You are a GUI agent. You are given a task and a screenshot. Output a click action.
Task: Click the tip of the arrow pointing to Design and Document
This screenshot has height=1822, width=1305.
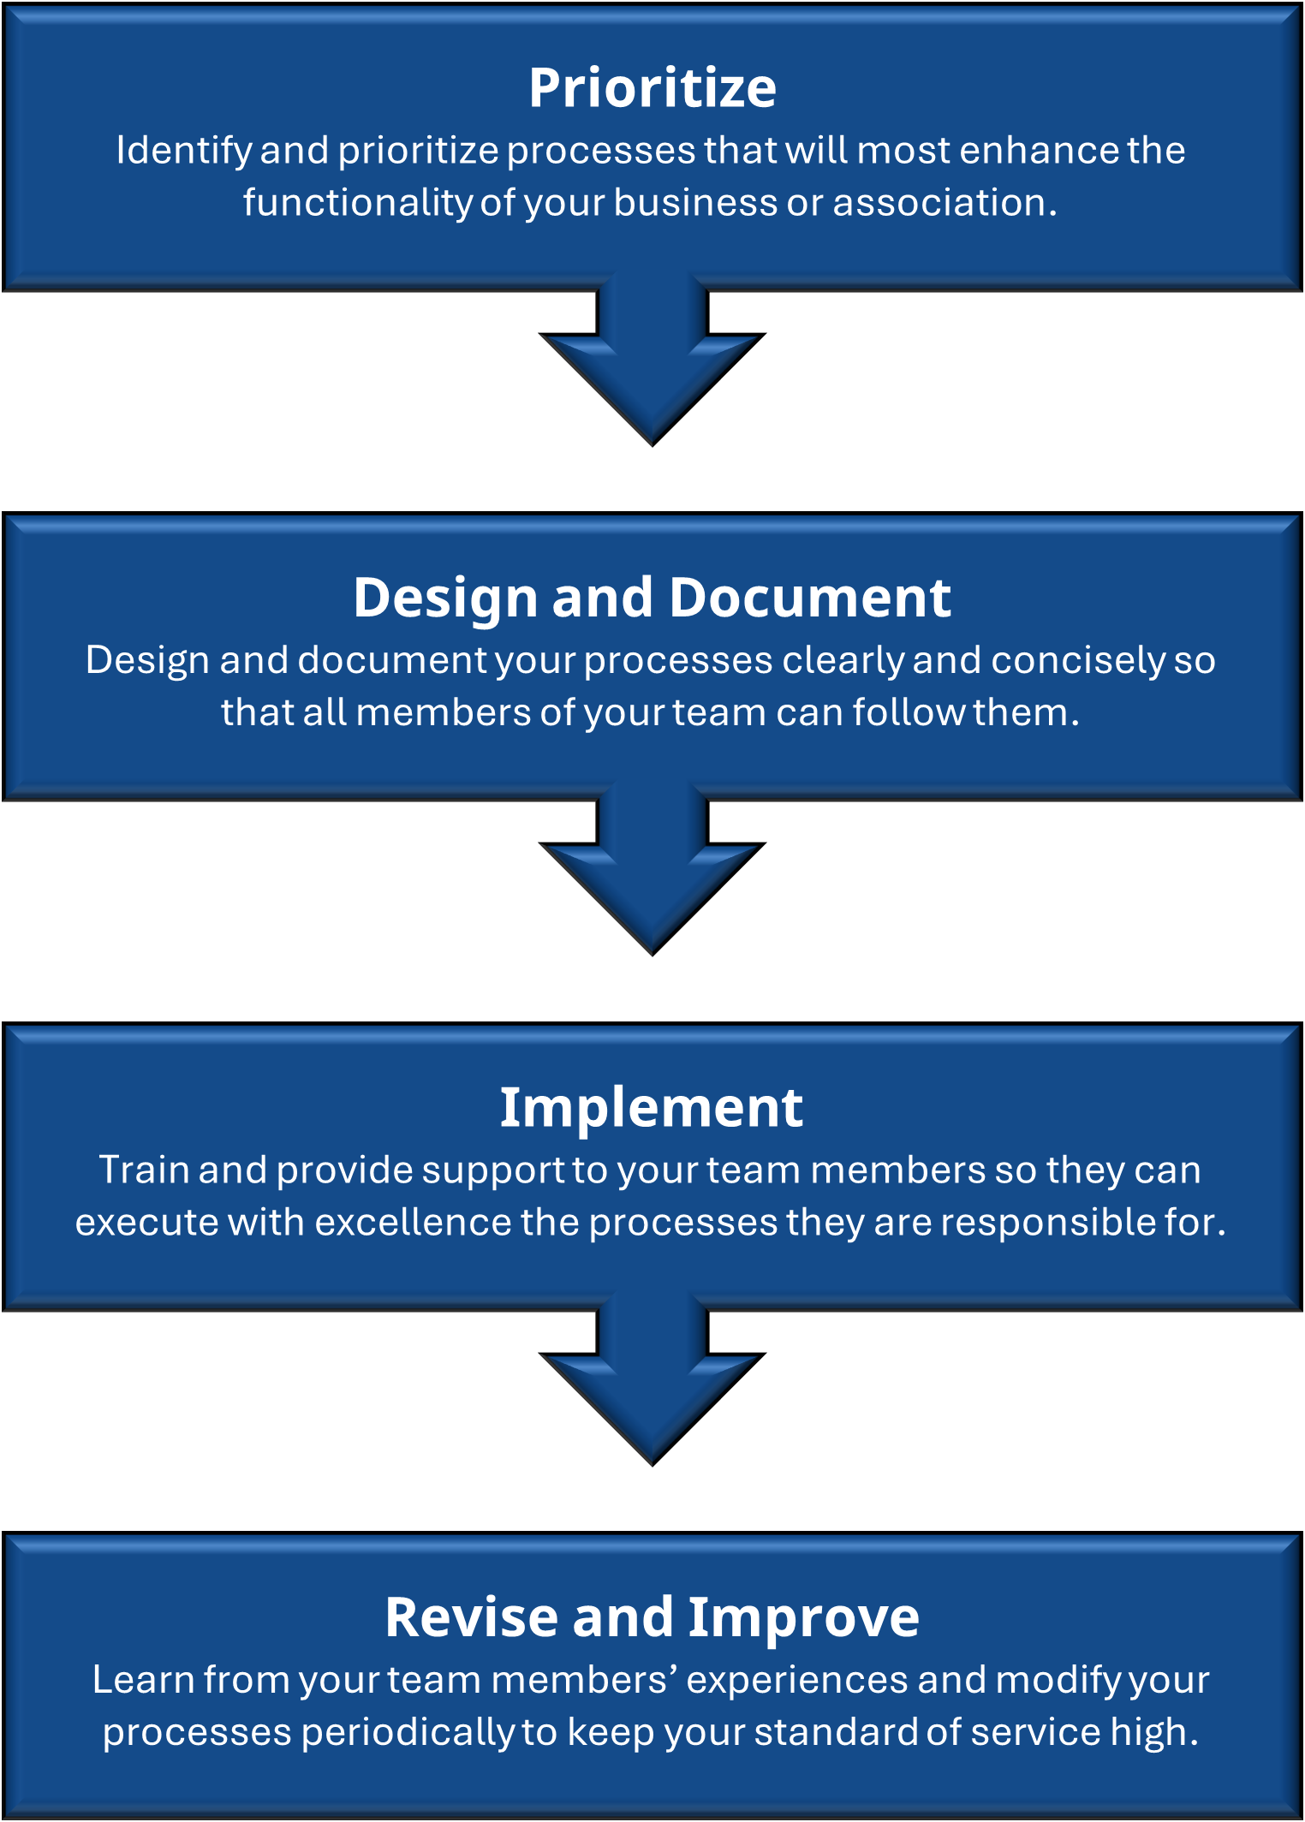tap(652, 446)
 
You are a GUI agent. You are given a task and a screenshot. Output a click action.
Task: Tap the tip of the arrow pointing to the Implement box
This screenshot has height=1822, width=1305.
tap(652, 956)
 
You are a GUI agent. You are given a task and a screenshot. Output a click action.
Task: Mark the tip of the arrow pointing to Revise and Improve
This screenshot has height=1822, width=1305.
tap(652, 1466)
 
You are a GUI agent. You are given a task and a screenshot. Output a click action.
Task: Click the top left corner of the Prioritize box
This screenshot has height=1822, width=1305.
tap(3, 4)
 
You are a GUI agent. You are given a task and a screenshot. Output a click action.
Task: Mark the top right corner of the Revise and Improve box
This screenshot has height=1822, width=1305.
tap(1302, 1533)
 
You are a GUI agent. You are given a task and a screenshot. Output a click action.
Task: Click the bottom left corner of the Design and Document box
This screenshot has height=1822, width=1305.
tap(3, 801)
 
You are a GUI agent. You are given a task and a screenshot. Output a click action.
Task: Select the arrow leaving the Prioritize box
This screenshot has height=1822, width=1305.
tap(652, 360)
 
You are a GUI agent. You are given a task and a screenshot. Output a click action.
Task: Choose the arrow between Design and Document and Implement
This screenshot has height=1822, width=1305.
tap(652, 870)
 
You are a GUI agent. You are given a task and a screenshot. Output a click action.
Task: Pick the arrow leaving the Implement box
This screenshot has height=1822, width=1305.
tap(652, 1379)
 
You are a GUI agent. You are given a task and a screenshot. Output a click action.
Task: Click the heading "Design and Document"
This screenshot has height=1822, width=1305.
tap(652, 597)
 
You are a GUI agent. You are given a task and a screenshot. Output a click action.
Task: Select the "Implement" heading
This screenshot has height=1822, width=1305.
tap(652, 1107)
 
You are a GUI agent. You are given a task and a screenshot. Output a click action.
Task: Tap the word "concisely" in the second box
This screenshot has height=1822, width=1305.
tap(1078, 660)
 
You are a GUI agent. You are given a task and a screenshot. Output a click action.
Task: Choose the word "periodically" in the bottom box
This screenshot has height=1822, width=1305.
tap(407, 1732)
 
